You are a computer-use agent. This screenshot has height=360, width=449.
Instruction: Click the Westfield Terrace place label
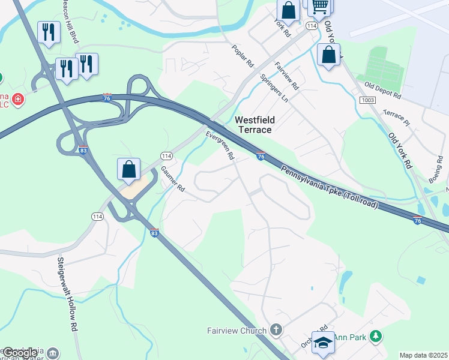click(x=253, y=125)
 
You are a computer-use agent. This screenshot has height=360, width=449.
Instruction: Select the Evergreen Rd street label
click(x=220, y=146)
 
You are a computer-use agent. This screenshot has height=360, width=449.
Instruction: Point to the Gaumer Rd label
click(x=172, y=179)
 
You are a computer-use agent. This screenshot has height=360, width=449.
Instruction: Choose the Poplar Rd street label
click(x=242, y=56)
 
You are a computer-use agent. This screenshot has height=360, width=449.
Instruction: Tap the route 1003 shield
click(x=368, y=100)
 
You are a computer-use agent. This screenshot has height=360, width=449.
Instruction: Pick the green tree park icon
click(x=376, y=337)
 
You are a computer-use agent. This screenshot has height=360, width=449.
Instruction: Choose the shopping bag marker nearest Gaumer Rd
click(x=129, y=170)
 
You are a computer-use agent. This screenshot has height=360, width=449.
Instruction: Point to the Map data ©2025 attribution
click(x=423, y=355)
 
